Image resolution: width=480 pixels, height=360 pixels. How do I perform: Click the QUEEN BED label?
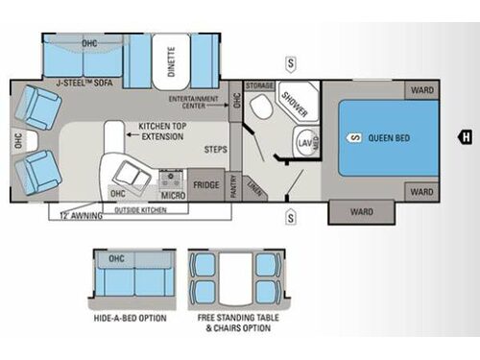[389, 138]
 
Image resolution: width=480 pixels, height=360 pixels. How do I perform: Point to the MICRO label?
[172, 195]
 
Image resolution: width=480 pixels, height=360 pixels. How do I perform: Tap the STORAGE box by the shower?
[260, 86]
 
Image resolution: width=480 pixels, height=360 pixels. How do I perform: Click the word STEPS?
[216, 150]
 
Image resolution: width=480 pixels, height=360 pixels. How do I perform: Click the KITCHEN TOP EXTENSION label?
[162, 132]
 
